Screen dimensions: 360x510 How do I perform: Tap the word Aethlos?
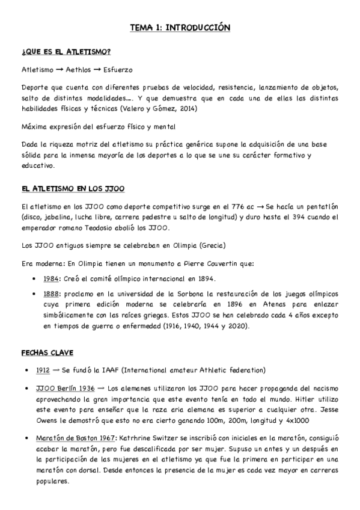point(74,70)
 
